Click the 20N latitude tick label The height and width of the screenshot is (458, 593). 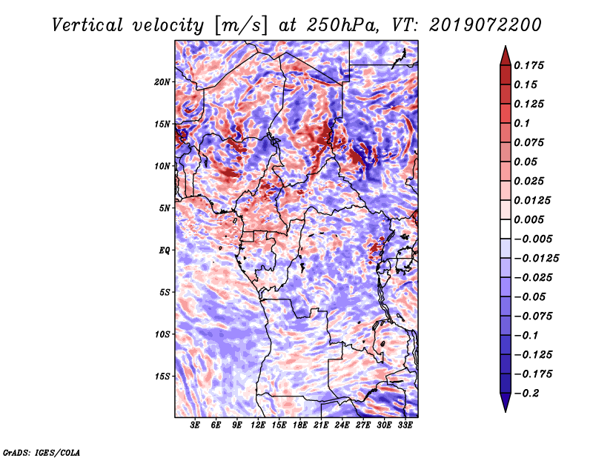click(162, 82)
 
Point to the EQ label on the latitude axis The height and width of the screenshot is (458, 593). click(164, 250)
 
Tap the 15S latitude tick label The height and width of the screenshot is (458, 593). click(162, 376)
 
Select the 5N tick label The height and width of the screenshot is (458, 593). click(164, 208)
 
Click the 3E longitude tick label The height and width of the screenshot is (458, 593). click(196, 426)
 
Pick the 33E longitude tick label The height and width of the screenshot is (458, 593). click(405, 426)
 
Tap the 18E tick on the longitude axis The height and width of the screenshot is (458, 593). click(300, 426)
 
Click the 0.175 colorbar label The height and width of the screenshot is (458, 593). click(531, 65)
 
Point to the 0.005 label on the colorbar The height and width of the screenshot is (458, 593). click(531, 219)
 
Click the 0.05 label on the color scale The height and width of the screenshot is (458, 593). click(527, 162)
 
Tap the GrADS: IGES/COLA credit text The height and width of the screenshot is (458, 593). click(41, 451)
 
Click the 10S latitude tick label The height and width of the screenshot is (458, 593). click(162, 334)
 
